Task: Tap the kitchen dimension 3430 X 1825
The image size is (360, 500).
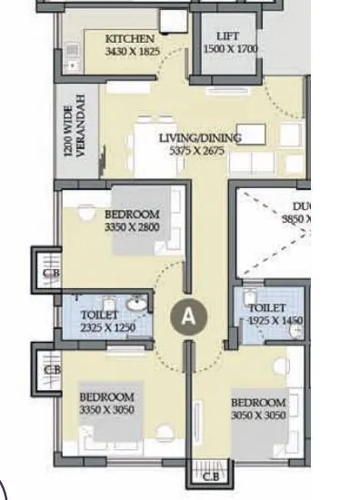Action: click(x=132, y=52)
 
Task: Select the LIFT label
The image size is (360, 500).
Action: click(x=227, y=35)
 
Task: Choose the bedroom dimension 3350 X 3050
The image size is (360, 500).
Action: click(x=106, y=409)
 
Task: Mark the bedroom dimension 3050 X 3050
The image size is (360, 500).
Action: click(x=258, y=415)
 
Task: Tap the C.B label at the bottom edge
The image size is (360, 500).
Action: click(x=209, y=476)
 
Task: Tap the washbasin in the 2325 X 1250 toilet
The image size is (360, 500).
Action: click(x=137, y=304)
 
